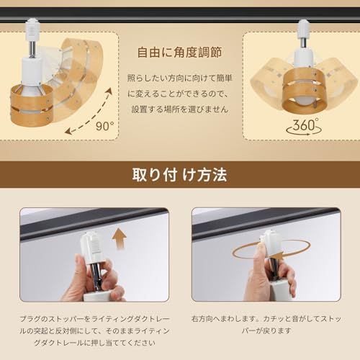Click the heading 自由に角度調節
pos(179,53)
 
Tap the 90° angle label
pos(105,126)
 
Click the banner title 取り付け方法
pos(179,174)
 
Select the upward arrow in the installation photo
pos(120,239)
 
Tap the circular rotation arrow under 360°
pos(304,130)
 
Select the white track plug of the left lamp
pos(32,30)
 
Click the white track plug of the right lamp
pos(302,30)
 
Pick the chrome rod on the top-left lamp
pos(32,49)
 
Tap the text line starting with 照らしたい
pos(179,78)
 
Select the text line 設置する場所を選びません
pos(179,109)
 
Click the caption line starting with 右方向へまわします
pos(266,319)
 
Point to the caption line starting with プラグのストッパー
pos(94,319)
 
